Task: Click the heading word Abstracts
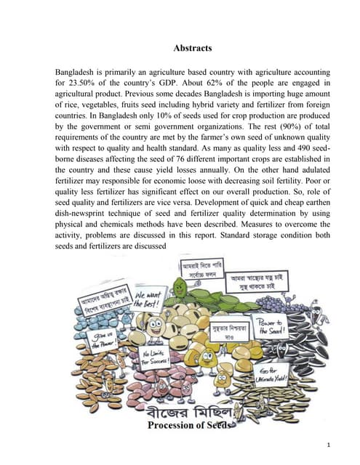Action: point(193,48)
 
